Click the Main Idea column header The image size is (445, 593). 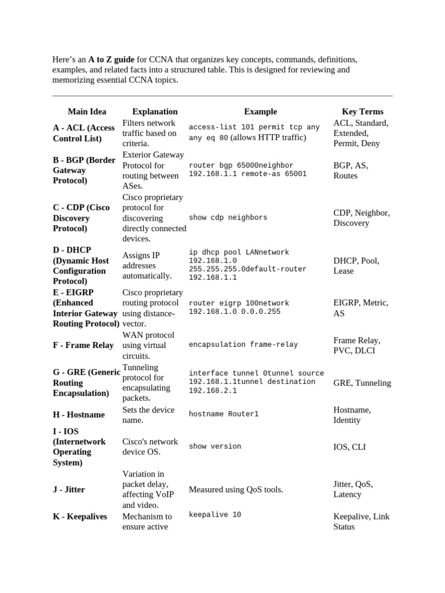point(85,111)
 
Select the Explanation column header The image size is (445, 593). point(155,111)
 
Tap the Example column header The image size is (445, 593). point(260,111)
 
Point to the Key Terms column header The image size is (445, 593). point(362,111)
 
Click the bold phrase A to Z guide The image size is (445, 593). point(111,60)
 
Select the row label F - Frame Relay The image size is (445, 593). point(83,345)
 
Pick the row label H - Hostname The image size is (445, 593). point(79,415)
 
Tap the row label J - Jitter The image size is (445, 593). point(69,489)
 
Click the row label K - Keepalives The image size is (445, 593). point(80,516)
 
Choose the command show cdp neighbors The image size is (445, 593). point(228,218)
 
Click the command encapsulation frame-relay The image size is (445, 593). point(243,345)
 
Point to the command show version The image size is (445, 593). point(215,446)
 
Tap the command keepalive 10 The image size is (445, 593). point(215,515)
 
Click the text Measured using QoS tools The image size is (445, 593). point(236,489)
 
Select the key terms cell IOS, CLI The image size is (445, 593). point(349,447)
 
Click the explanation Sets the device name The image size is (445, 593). point(148,415)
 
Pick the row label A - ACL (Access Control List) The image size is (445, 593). point(84,133)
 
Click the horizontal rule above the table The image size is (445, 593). point(222,96)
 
